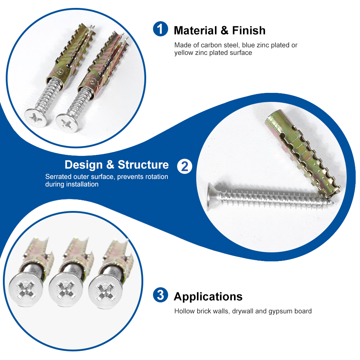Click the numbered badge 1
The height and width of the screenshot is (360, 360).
coord(161,29)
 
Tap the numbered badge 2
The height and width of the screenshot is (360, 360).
coord(185,166)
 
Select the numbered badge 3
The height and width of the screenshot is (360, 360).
coord(161,295)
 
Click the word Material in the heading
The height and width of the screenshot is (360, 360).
coord(195,31)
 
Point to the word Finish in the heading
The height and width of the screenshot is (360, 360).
coord(249,31)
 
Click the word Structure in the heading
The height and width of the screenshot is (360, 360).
coord(143,165)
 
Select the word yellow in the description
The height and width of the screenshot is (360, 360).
coord(184,53)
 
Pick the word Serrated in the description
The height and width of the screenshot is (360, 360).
coord(58,176)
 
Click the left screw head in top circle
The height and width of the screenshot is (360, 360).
coord(36,117)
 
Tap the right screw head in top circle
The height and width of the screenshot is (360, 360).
coord(67,123)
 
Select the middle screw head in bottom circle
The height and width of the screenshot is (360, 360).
coord(66,289)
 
